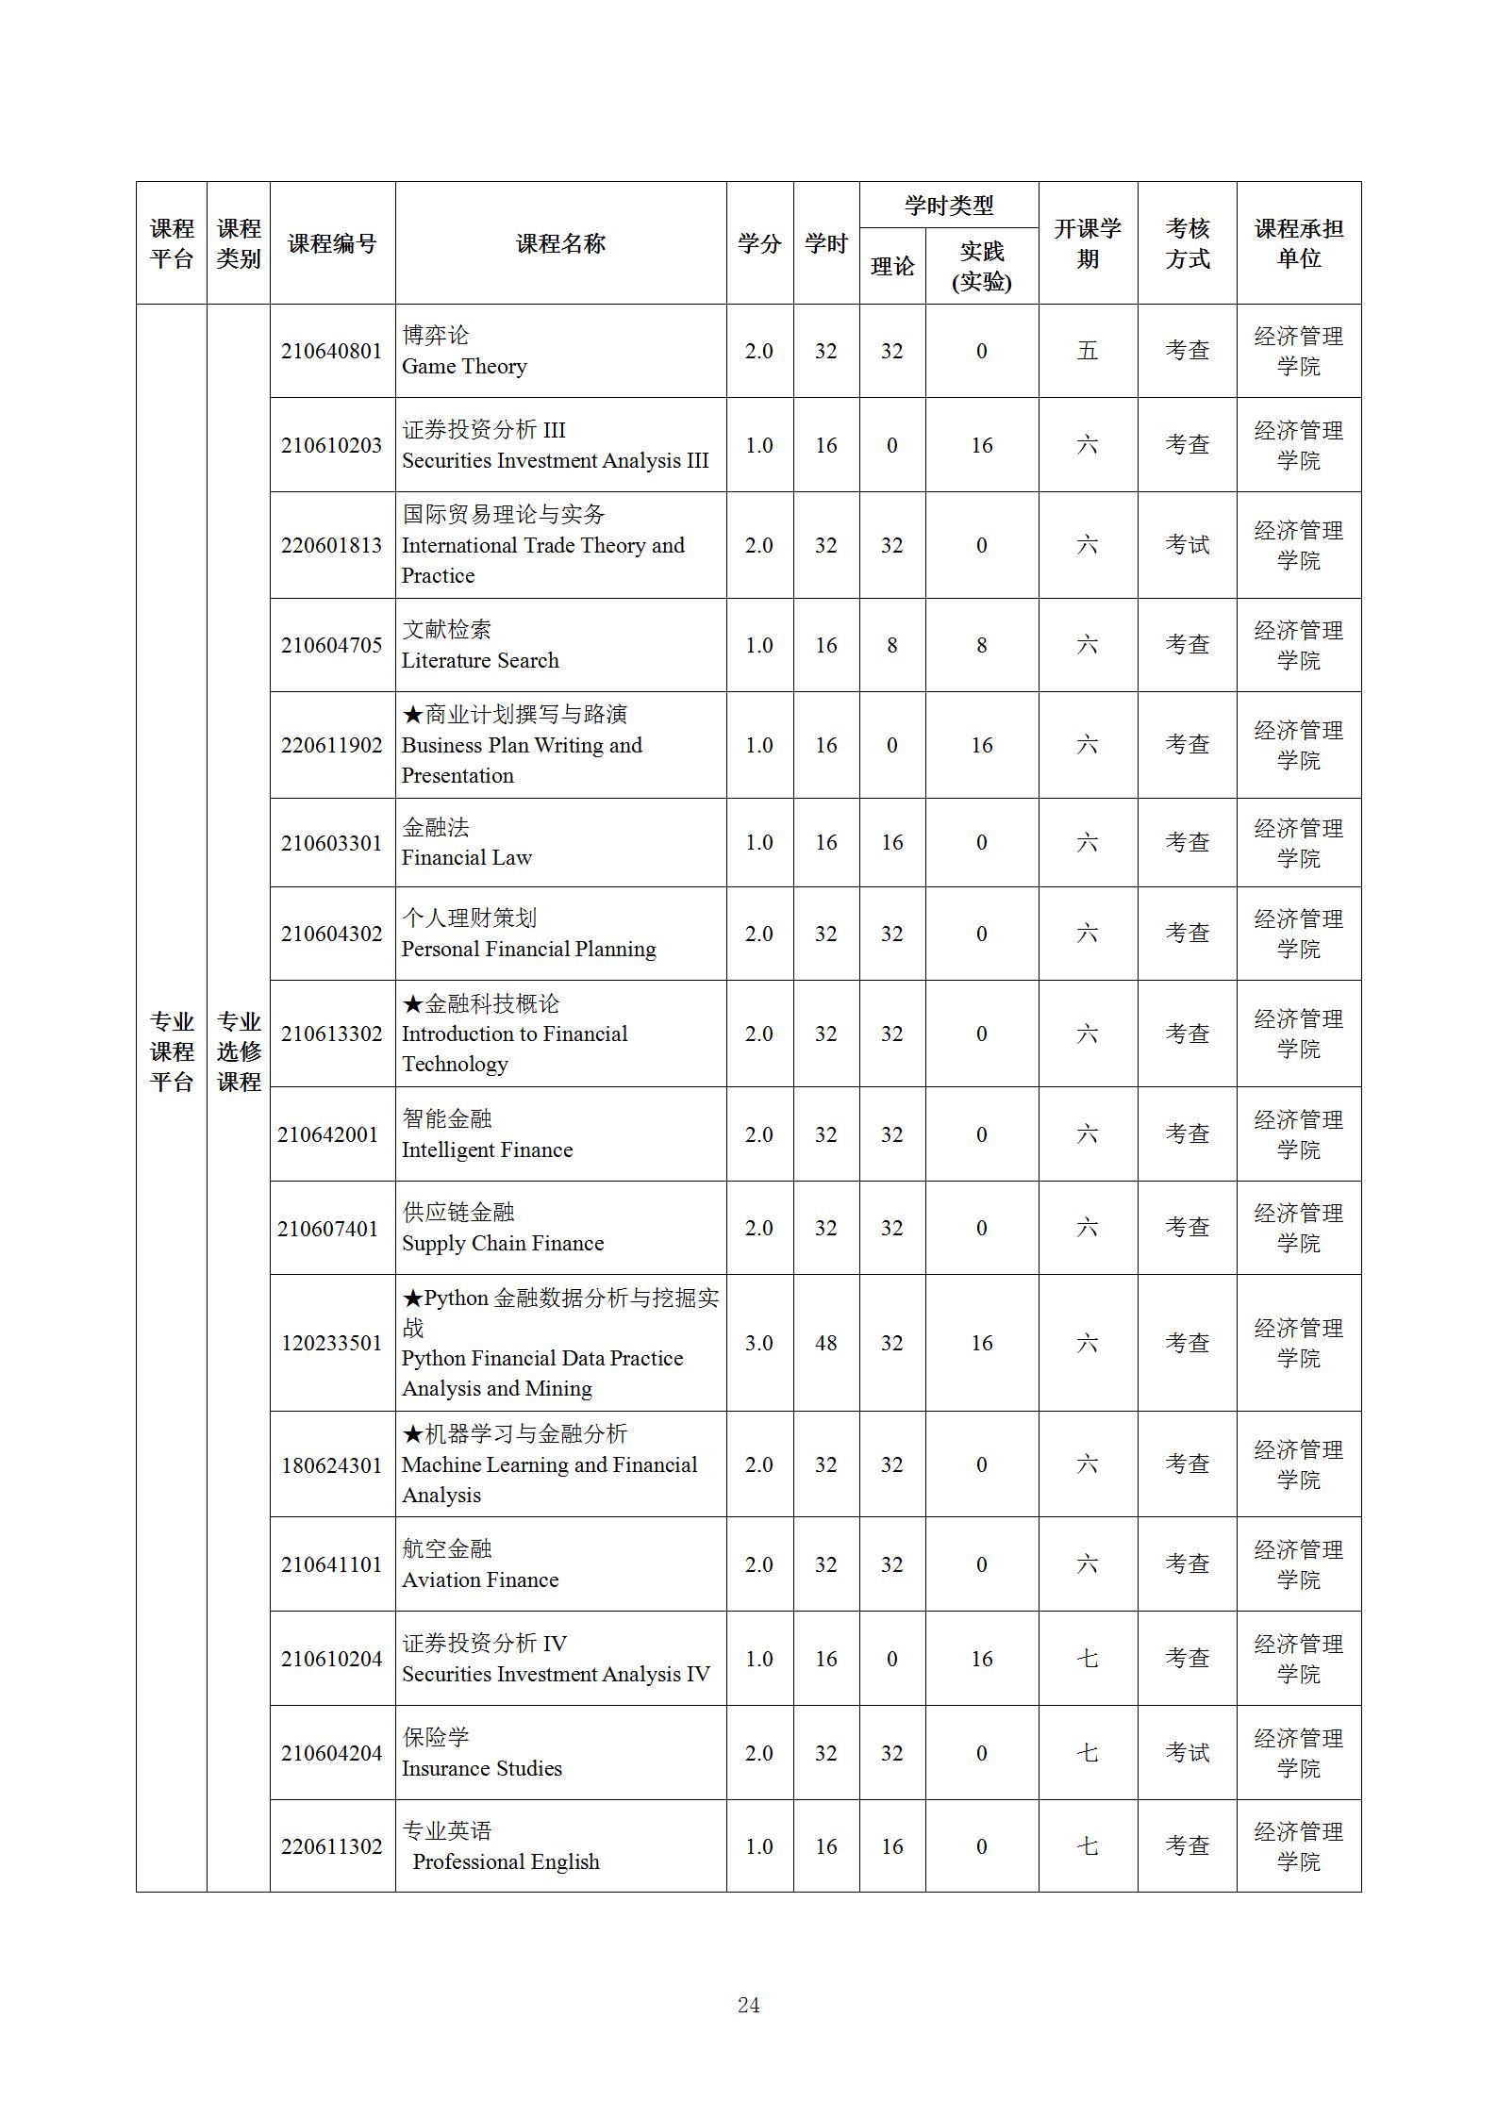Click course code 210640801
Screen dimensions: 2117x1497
point(331,351)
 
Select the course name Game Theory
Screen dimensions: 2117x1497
point(464,366)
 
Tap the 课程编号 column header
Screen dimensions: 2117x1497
point(331,243)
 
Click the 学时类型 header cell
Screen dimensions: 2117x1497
point(948,205)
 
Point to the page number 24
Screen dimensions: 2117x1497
point(748,2006)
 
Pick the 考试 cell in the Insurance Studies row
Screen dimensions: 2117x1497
point(1187,1753)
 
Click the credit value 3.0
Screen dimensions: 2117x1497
point(758,1343)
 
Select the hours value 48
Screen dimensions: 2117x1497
point(825,1343)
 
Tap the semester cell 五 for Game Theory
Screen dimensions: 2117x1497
point(1087,351)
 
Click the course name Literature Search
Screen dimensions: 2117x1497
point(480,660)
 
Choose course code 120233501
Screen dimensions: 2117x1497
point(331,1343)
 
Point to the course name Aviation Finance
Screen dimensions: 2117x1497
point(480,1579)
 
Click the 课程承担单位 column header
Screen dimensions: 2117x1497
point(1298,243)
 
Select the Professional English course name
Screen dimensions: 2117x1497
point(506,1861)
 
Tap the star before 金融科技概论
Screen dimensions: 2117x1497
point(412,1003)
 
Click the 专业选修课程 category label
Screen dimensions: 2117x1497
point(239,1050)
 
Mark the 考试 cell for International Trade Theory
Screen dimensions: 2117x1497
point(1187,545)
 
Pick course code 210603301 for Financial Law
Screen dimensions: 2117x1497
point(331,843)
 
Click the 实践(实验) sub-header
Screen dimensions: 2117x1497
point(981,266)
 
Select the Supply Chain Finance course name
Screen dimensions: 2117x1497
point(503,1243)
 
